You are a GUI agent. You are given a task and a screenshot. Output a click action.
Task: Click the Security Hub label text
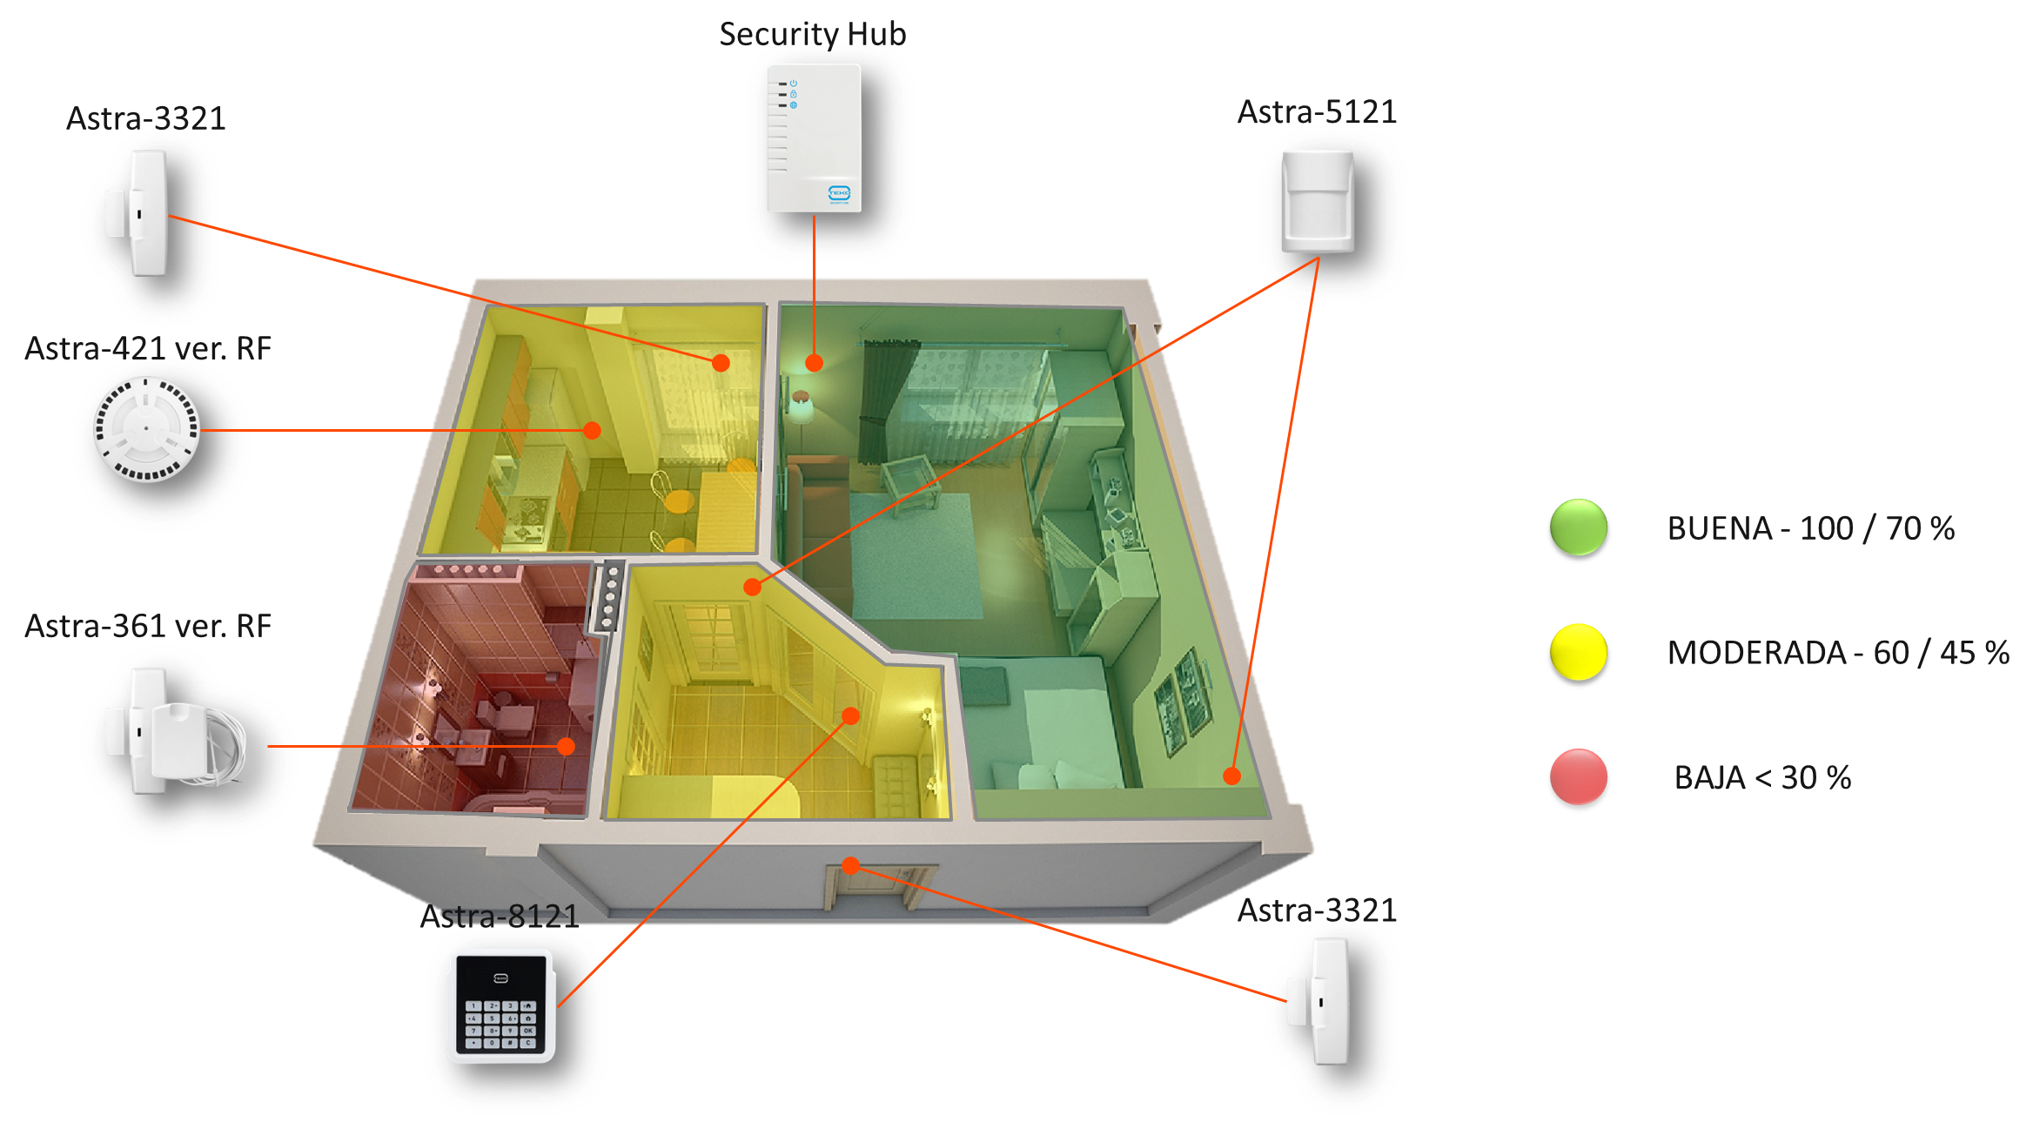[x=812, y=34]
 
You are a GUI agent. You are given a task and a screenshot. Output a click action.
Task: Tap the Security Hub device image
[x=814, y=138]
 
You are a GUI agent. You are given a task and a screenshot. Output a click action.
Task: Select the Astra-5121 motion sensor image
[x=1318, y=202]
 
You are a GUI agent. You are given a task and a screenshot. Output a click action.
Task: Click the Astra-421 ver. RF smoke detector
[x=146, y=428]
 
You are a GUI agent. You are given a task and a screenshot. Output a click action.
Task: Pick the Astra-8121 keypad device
[x=501, y=1005]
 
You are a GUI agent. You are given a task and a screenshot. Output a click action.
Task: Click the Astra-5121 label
[x=1317, y=111]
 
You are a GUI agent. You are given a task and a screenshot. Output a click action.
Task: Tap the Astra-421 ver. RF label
[x=148, y=348]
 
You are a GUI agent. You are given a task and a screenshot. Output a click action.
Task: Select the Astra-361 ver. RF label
[x=148, y=626]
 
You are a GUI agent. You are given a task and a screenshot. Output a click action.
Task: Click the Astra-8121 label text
[x=500, y=916]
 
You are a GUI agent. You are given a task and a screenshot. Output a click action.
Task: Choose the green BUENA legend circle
[x=1578, y=527]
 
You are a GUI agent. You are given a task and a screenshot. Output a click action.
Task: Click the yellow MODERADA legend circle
[x=1578, y=652]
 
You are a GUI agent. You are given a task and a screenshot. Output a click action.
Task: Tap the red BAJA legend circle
[x=1578, y=776]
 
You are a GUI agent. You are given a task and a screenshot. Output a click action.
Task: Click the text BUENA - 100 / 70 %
[x=1811, y=528]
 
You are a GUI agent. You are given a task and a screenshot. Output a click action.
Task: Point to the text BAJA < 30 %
[x=1762, y=777]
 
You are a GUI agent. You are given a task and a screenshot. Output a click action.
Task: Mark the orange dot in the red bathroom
[x=566, y=746]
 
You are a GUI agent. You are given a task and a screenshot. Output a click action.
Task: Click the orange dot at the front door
[x=851, y=865]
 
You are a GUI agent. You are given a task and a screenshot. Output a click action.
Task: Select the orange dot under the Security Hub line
[x=814, y=363]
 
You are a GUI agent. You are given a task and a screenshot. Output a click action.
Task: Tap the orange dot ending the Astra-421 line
[x=592, y=430]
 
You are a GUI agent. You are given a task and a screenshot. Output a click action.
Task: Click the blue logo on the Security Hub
[x=839, y=193]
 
